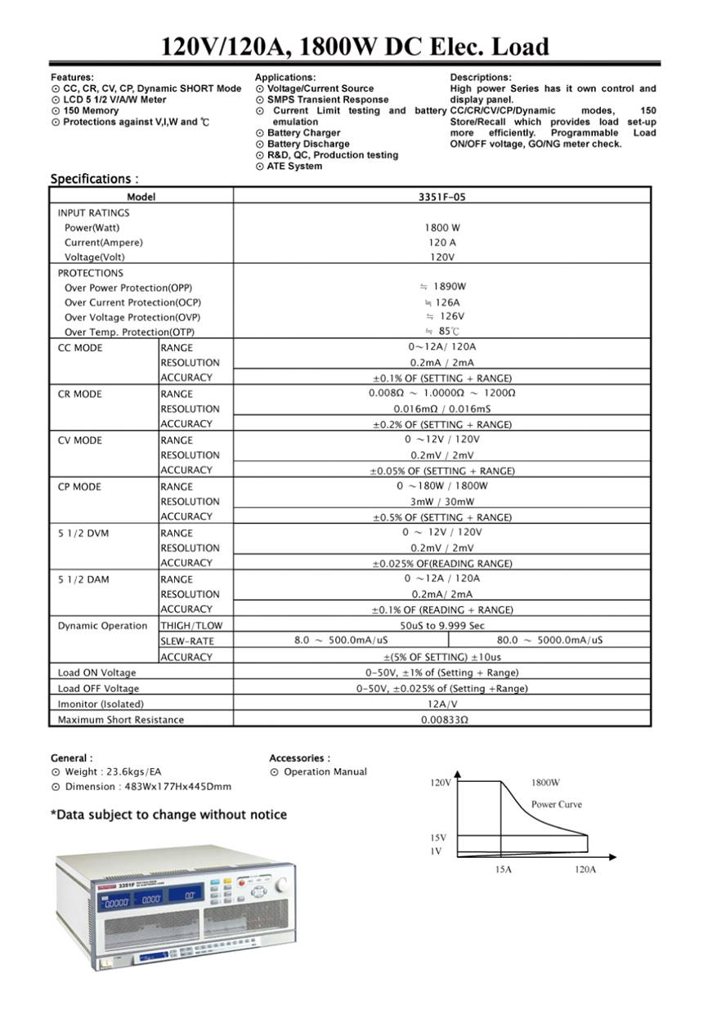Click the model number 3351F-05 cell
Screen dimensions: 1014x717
coord(441,197)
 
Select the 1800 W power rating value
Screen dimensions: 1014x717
coord(441,228)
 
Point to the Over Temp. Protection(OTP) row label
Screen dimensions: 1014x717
coord(129,333)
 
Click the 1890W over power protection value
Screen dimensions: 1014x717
coord(446,287)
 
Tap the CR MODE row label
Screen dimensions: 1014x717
coord(80,395)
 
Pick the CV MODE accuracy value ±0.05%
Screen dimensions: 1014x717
coord(442,471)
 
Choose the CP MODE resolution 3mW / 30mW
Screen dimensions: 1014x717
coord(442,502)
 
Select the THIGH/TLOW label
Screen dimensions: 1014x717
coord(191,626)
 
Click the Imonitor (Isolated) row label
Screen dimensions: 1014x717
coord(101,704)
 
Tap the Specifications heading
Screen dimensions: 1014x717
coord(94,179)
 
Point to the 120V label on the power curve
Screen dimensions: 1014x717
coord(441,783)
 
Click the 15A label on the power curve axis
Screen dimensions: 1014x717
coord(503,869)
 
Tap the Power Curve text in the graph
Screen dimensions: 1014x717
coord(556,805)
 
